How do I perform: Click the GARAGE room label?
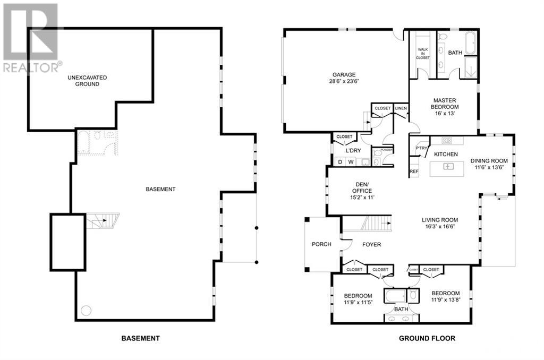(344, 75)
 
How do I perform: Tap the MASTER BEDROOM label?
(445, 100)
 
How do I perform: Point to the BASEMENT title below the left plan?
(140, 338)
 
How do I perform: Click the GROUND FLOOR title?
(427, 338)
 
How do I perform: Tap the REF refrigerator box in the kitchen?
(414, 172)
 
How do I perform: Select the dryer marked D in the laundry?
(340, 162)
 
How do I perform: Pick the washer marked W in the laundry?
(351, 162)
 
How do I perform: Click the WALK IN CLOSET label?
(423, 53)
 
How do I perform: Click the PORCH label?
(321, 244)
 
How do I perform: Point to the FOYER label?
(372, 245)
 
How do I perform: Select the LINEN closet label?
(401, 108)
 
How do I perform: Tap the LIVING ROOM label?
(439, 220)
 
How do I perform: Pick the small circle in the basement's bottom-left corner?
(87, 310)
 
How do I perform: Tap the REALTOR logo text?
(32, 67)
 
